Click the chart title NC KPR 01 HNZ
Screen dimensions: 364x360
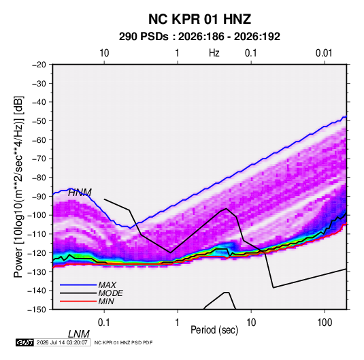[x=199, y=19]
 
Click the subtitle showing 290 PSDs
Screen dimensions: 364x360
[x=199, y=37]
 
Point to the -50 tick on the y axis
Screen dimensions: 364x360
[x=39, y=121]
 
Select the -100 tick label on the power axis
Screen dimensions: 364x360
[x=37, y=215]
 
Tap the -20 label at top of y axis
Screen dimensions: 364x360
[x=39, y=65]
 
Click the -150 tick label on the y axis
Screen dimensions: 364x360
[x=37, y=310]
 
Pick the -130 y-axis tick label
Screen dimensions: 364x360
[x=37, y=272]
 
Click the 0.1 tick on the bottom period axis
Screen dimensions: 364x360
[x=104, y=323]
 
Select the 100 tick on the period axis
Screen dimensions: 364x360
[x=324, y=323]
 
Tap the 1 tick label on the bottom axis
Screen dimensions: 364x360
[x=177, y=323]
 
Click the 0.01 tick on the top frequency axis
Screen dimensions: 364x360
[x=324, y=53]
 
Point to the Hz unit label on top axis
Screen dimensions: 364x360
[x=214, y=53]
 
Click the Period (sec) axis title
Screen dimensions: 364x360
[x=214, y=330]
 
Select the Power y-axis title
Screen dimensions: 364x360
[x=18, y=187]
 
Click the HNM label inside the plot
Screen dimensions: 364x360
[x=80, y=193]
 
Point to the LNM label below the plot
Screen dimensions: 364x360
[x=79, y=334]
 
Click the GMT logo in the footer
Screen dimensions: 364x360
[x=24, y=342]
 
